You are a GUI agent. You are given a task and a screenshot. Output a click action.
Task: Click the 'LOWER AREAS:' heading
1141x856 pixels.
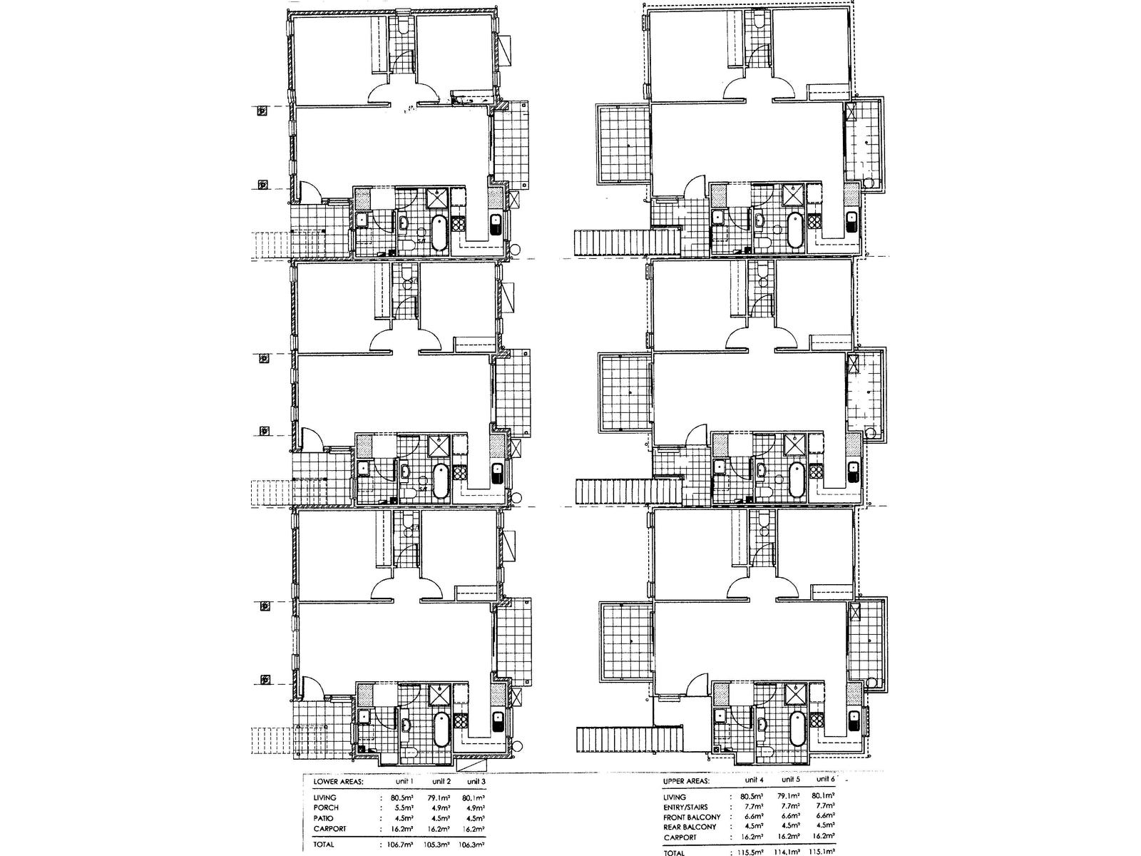[x=338, y=781]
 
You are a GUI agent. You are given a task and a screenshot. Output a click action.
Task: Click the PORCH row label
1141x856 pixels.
[x=325, y=807]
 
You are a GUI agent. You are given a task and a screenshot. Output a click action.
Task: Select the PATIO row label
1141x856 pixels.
[x=323, y=817]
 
